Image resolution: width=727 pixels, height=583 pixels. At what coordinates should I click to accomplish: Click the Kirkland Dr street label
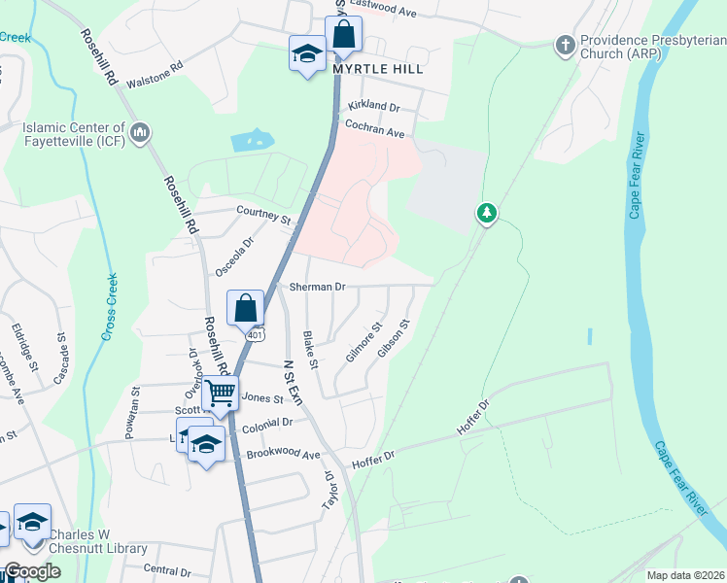pos(373,106)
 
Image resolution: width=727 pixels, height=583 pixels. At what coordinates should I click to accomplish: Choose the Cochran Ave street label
pos(374,126)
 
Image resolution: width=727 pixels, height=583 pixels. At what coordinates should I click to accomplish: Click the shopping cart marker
pos(221,394)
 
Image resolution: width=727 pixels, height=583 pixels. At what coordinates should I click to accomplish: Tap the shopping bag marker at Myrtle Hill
pos(343,34)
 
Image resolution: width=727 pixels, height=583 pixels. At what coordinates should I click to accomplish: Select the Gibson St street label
pos(396,338)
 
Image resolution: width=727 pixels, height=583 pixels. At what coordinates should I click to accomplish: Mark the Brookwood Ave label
pos(283,455)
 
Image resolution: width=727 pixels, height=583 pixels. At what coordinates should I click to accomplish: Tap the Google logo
pos(32,572)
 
